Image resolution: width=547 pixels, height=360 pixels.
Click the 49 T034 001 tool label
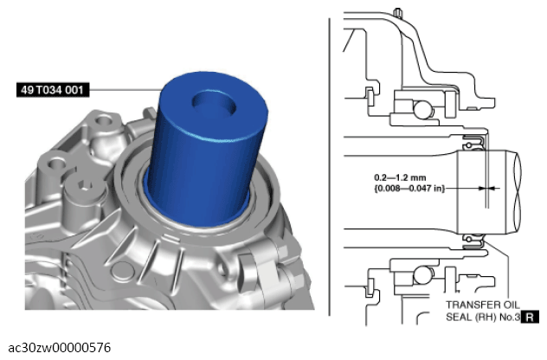click(x=53, y=90)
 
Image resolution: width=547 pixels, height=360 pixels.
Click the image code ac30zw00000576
click(x=60, y=348)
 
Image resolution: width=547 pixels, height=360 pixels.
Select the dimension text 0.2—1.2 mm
click(x=400, y=177)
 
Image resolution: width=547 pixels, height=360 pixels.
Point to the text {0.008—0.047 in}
click(x=409, y=189)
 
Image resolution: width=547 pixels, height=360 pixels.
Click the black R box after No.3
click(x=530, y=317)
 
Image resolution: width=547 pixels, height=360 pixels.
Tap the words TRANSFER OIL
click(x=483, y=305)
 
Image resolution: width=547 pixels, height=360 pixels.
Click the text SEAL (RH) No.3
click(x=483, y=317)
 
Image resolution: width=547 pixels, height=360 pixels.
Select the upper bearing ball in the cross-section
click(x=423, y=109)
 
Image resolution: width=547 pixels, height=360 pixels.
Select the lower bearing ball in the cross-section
click(x=423, y=275)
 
